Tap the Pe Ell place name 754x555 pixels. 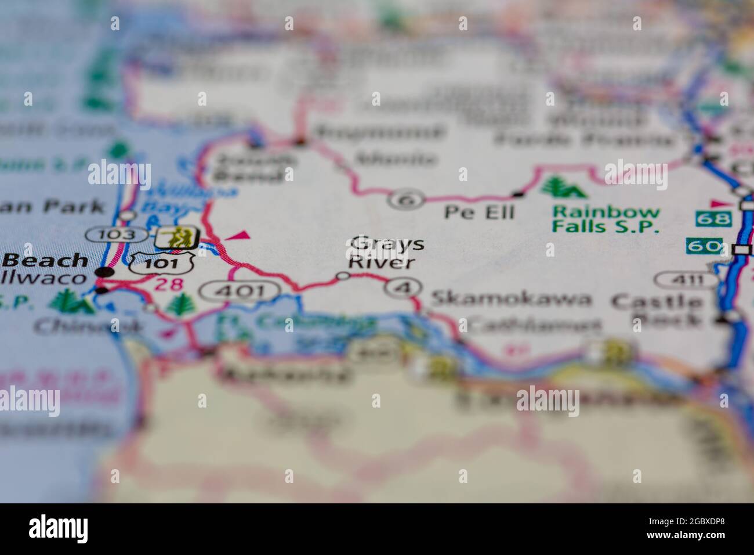pyautogui.click(x=479, y=212)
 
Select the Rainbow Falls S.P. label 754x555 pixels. pyautogui.click(x=606, y=219)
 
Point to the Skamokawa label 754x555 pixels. pyautogui.click(x=511, y=299)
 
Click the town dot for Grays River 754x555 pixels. pyautogui.click(x=343, y=276)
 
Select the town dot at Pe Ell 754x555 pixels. pyautogui.click(x=518, y=193)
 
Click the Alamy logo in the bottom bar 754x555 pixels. pyautogui.click(x=59, y=528)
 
